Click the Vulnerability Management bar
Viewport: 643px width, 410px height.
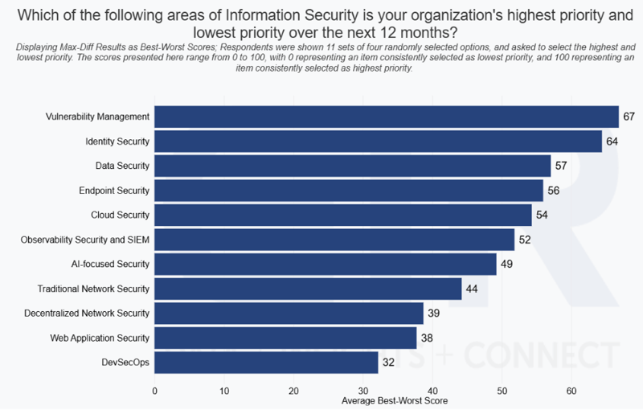[x=386, y=117]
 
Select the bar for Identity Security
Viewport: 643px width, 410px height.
[x=378, y=141]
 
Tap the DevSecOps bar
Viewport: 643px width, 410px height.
[x=266, y=363]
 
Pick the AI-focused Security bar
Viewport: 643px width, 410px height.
[x=325, y=264]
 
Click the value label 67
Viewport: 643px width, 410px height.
[x=629, y=117]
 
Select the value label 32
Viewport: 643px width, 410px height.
[x=387, y=363]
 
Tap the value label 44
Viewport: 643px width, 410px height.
[x=472, y=289]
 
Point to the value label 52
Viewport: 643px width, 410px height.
[x=524, y=240]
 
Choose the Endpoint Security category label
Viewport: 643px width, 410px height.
[x=113, y=191]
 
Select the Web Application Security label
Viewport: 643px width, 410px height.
[x=100, y=338]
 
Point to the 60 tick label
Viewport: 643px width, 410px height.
[x=571, y=391]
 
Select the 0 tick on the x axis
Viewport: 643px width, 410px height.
[x=154, y=391]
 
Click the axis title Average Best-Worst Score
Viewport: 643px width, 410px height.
[x=395, y=400]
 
